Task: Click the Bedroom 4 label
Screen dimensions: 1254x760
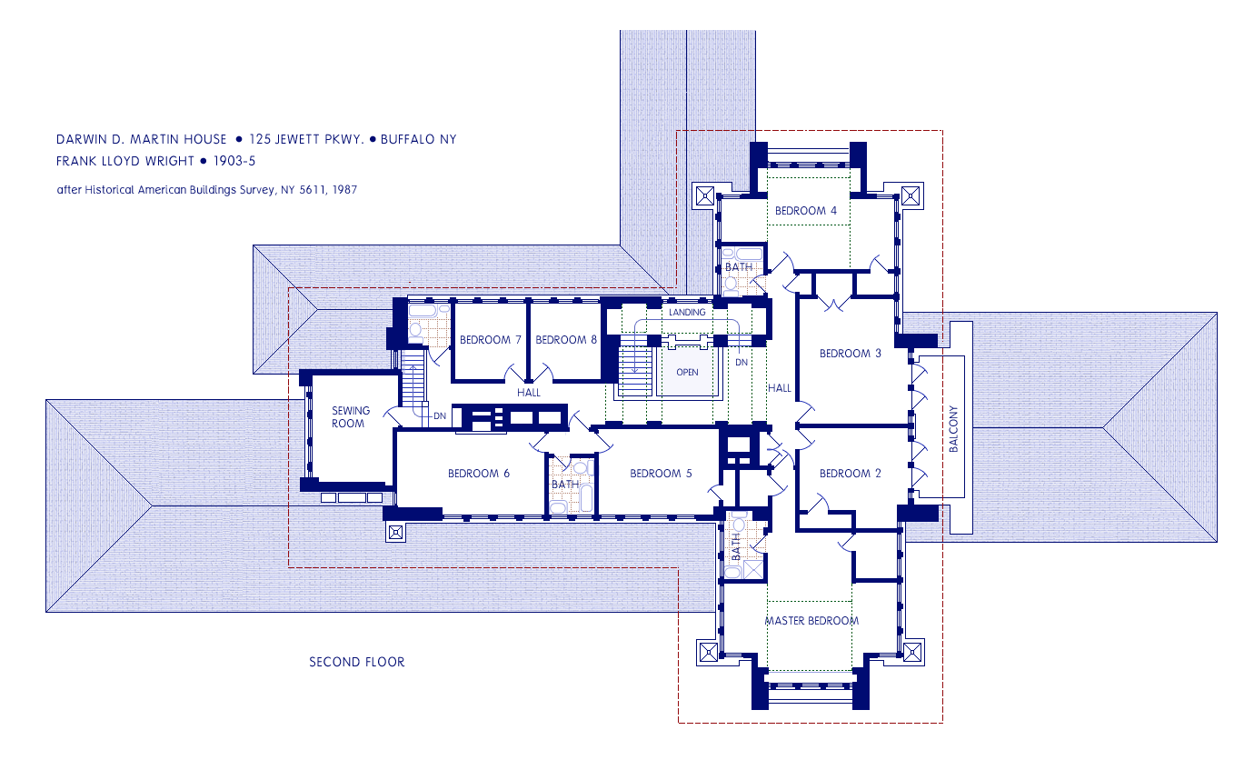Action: (x=806, y=211)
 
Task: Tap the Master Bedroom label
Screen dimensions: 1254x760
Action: (x=811, y=621)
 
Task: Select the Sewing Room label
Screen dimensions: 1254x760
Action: (x=351, y=417)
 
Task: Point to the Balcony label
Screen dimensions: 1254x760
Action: (x=954, y=428)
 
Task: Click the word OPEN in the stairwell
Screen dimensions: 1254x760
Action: (x=687, y=372)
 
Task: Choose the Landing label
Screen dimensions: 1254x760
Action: (x=687, y=312)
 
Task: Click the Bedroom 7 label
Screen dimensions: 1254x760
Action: (x=491, y=339)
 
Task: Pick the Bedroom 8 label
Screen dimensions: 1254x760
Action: (x=566, y=339)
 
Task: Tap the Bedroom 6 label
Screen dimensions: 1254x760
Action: (x=479, y=474)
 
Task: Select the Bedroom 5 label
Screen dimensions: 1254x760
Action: (x=661, y=474)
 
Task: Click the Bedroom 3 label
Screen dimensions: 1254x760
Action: (x=851, y=354)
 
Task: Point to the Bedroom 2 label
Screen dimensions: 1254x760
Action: (x=851, y=474)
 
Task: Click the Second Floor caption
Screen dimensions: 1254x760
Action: (x=356, y=662)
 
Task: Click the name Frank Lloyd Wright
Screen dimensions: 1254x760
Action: (x=124, y=161)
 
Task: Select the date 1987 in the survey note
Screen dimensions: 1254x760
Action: (x=344, y=190)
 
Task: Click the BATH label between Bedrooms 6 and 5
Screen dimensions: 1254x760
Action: (x=565, y=484)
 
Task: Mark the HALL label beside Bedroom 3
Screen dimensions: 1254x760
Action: (x=780, y=387)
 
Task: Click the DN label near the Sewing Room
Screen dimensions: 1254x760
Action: (x=440, y=416)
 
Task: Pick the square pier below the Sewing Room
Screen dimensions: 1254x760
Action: (x=396, y=532)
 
